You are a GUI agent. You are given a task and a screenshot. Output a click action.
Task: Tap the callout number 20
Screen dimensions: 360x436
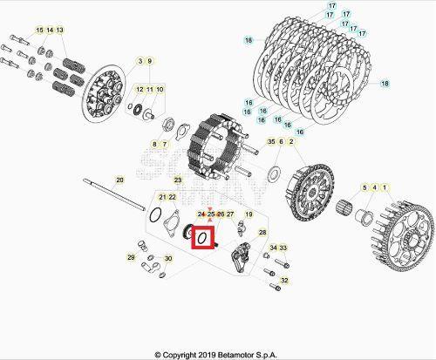[x=119, y=180]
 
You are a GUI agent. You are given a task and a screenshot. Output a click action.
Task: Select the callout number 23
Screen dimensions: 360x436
[x=177, y=180]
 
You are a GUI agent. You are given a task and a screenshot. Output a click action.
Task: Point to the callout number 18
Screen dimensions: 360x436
[x=249, y=41]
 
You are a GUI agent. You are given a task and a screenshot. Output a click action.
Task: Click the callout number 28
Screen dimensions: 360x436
[x=263, y=234]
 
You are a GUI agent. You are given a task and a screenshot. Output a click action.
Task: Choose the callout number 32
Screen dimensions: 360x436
[x=284, y=280]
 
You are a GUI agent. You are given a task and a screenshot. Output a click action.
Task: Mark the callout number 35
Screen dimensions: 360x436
[x=271, y=141]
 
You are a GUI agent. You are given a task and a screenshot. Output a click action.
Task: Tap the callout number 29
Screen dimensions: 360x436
[x=131, y=258]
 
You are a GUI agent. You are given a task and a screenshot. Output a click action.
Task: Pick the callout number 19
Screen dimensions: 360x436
[x=248, y=214]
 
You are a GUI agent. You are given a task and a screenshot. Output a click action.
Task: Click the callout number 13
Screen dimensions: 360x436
[x=59, y=31]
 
